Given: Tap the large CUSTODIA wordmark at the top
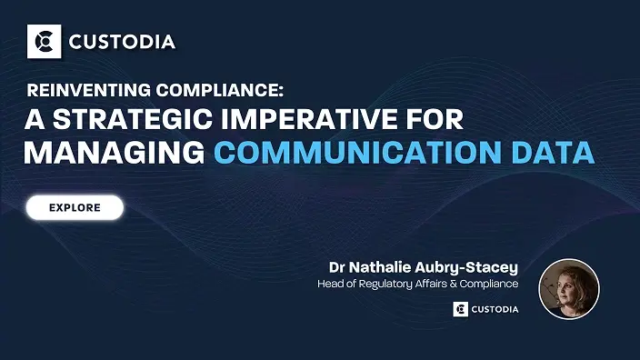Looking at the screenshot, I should tap(123, 42).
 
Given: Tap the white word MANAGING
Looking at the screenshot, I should tap(113, 152).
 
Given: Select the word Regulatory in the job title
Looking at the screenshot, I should tap(394, 285).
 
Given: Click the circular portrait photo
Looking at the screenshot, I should tap(568, 289).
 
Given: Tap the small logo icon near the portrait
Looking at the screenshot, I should tap(460, 309).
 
